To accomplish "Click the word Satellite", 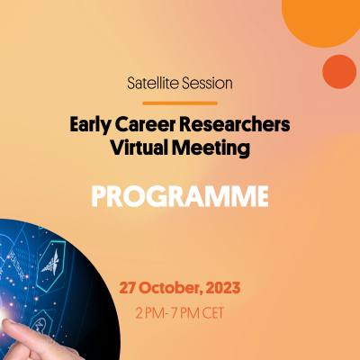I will [x=153, y=83].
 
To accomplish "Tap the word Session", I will [x=206, y=83].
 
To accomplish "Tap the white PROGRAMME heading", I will [x=179, y=195].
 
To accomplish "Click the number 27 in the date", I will [x=130, y=291].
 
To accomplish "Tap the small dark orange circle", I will [x=339, y=71].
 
